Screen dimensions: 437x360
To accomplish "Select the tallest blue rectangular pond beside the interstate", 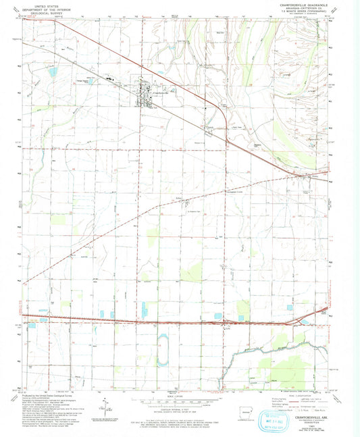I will pyautogui.click(x=145, y=309).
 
